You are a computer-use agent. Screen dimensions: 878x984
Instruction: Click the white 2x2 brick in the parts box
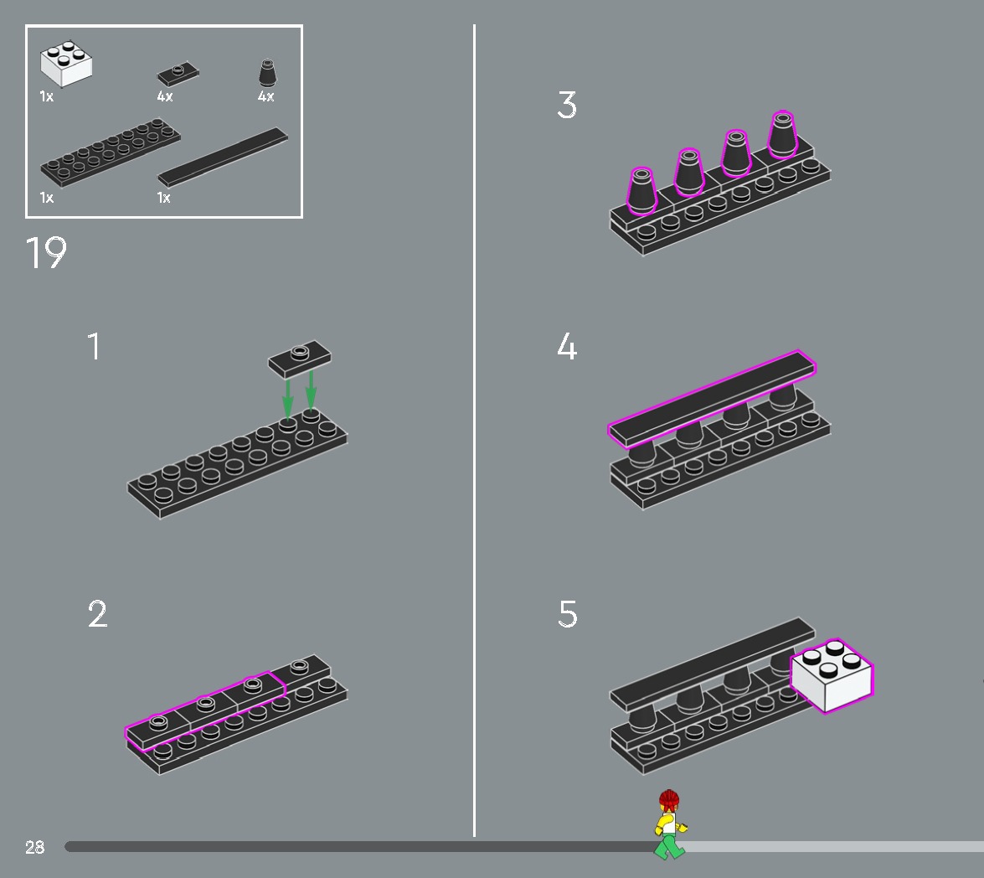66,65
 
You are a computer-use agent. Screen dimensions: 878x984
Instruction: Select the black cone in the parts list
267,73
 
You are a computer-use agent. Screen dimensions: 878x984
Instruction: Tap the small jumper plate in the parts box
178,75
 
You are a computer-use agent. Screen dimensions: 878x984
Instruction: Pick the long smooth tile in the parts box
223,157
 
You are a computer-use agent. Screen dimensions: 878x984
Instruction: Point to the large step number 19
45,252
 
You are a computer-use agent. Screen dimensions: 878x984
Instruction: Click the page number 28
34,847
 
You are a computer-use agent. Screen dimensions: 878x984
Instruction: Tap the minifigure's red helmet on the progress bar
668,798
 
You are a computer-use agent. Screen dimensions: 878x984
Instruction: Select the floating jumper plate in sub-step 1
299,358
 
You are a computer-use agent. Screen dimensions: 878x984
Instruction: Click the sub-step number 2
97,614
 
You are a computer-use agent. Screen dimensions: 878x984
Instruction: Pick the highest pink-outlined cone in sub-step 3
782,134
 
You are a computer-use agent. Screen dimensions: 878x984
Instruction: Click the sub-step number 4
567,347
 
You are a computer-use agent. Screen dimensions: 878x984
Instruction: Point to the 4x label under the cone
265,97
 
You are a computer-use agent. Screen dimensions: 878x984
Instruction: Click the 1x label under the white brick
46,97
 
